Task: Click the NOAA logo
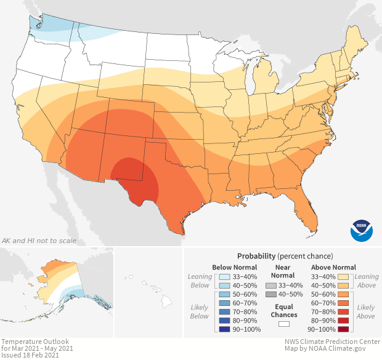(x=362, y=230)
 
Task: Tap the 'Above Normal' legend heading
(x=334, y=267)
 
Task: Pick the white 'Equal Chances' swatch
(x=284, y=324)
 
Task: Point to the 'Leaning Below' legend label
(x=200, y=281)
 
